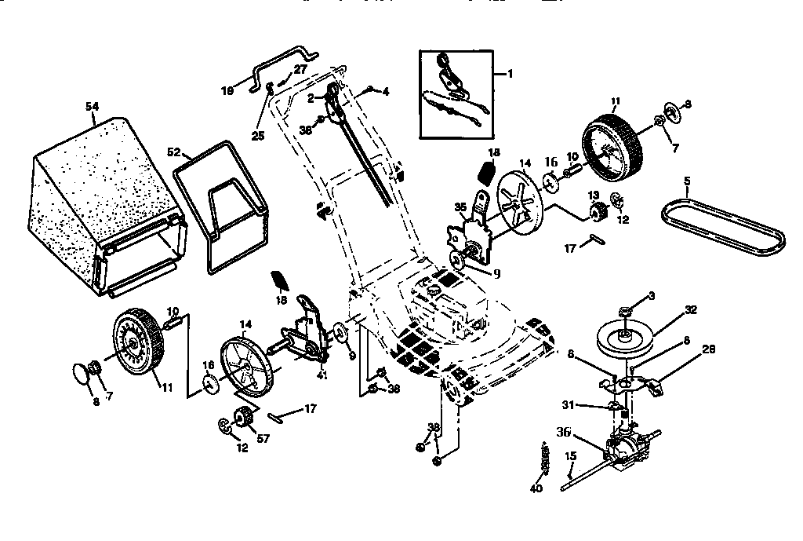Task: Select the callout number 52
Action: (x=174, y=151)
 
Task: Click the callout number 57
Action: (x=263, y=439)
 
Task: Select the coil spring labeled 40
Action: (x=544, y=459)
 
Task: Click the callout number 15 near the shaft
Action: (x=570, y=456)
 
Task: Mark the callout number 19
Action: (x=228, y=91)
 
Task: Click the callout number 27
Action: (x=300, y=70)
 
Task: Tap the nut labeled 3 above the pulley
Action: (x=625, y=313)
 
